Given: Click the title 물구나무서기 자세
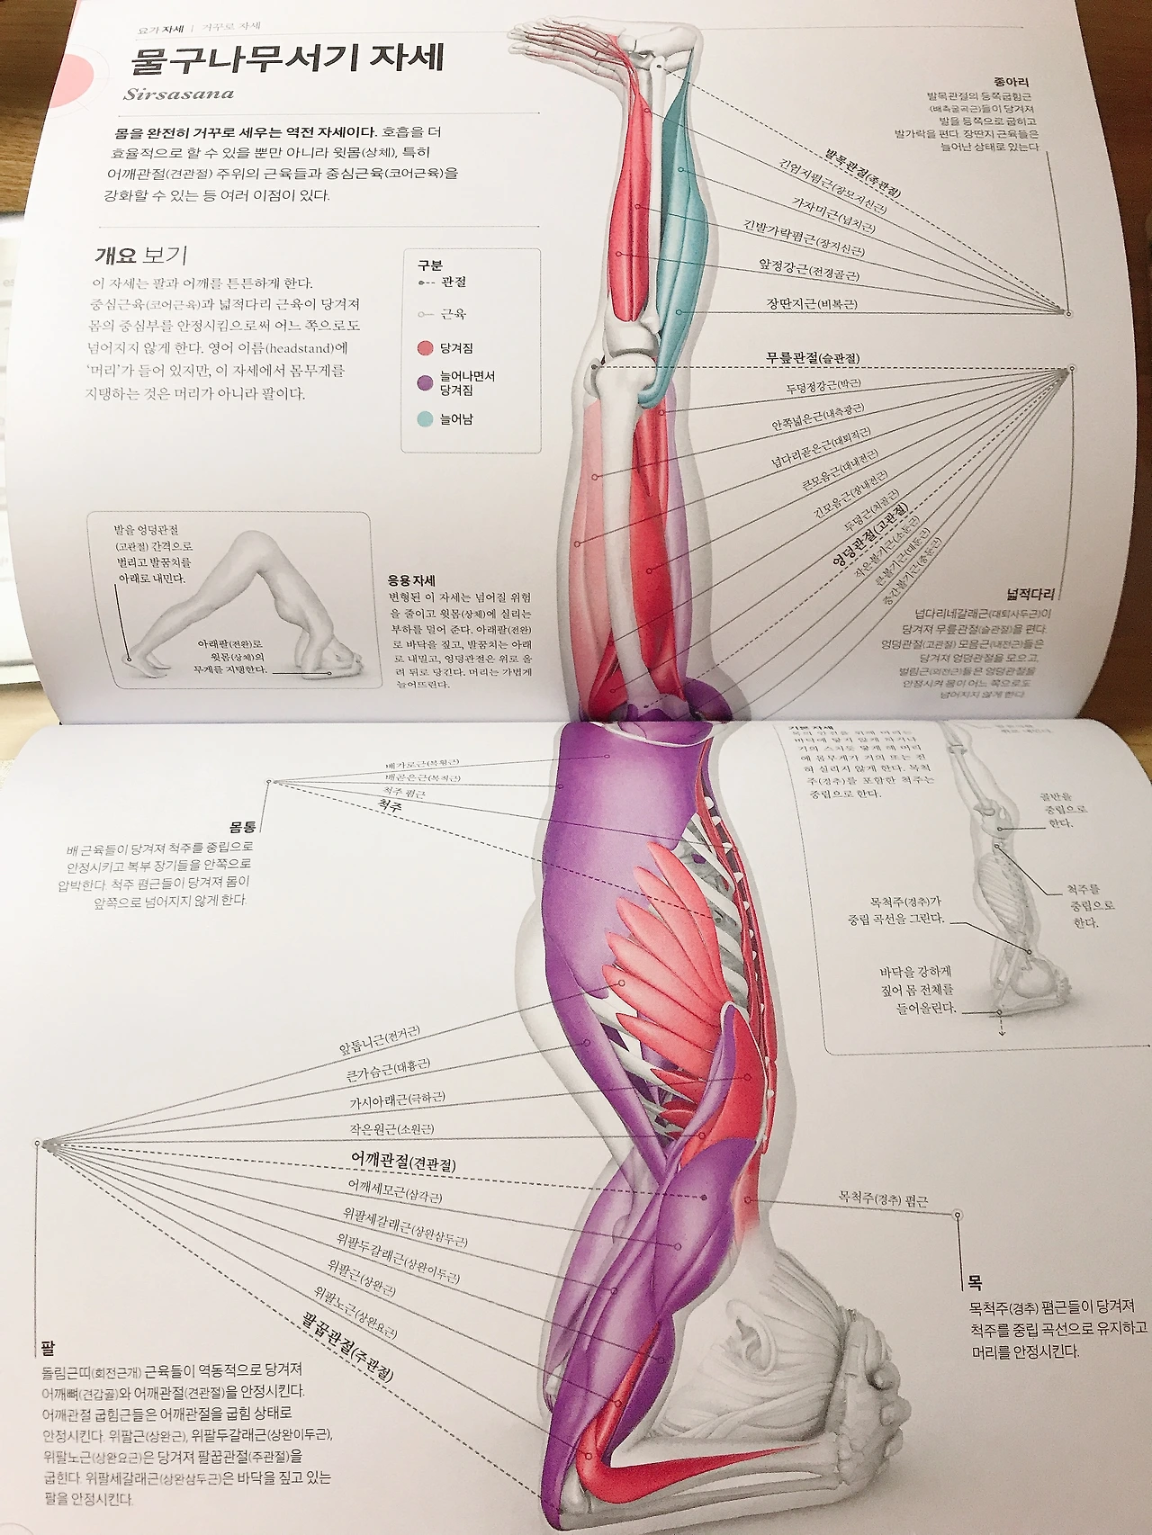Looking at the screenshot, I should coord(287,59).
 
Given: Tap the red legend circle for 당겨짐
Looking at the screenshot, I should coord(426,348).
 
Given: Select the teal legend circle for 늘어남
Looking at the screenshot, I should coord(426,419).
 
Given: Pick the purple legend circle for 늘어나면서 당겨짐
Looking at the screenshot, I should coord(426,383).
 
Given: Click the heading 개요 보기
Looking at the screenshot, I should coord(141,256).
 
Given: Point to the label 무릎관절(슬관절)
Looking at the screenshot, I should coord(813,357).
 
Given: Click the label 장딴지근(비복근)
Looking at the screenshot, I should coord(812,304).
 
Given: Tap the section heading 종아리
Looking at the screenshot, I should coord(1012,81).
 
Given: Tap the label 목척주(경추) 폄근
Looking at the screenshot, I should coord(883,1199).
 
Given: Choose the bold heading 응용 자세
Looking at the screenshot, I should coord(411,580).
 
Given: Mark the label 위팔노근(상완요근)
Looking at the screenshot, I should coord(355,1311).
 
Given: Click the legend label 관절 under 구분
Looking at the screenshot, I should coord(454,282).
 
